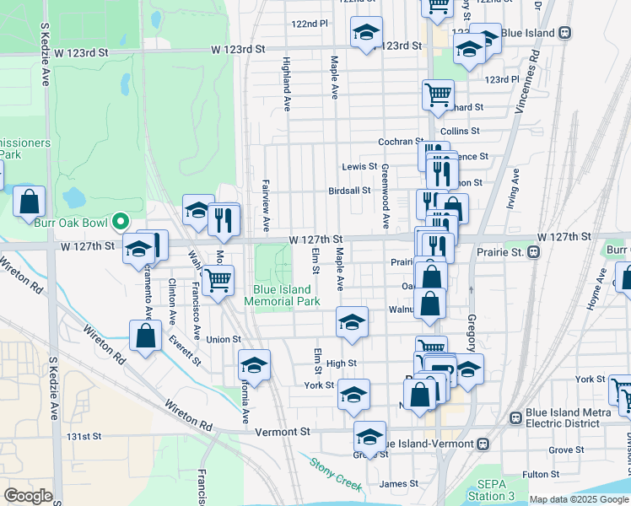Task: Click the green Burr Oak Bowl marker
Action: (x=121, y=222)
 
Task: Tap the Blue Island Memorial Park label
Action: (x=287, y=294)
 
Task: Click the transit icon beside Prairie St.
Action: (x=533, y=252)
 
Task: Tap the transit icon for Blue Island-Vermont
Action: (x=482, y=444)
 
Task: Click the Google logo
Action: (x=28, y=496)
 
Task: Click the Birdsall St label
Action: (x=349, y=191)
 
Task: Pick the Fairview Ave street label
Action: (x=265, y=200)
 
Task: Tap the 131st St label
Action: (x=84, y=437)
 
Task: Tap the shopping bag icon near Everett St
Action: (x=146, y=335)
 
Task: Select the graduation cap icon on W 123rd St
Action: (x=366, y=32)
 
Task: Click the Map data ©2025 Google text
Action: (x=579, y=499)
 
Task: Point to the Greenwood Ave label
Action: (x=385, y=196)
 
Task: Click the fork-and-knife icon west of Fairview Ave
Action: (x=224, y=219)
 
